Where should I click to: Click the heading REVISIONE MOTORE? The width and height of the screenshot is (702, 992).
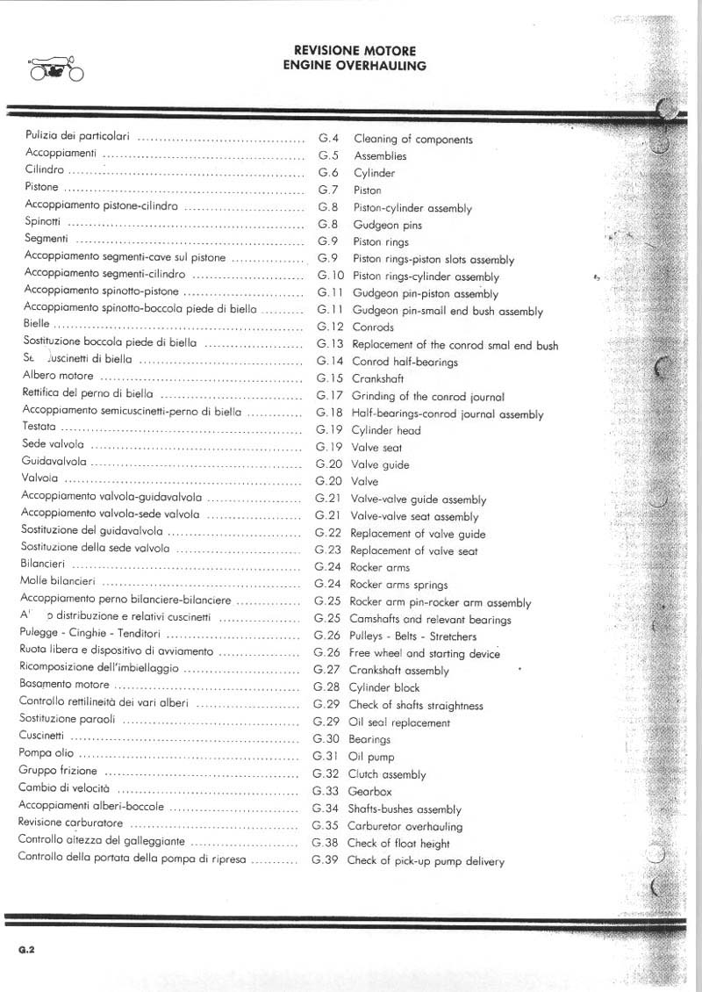[355, 52]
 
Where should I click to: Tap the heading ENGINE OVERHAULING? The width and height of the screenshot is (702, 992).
[355, 65]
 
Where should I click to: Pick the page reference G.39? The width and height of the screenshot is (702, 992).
[325, 860]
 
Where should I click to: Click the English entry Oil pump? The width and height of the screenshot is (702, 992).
[371, 757]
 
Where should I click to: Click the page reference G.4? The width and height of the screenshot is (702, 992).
[328, 139]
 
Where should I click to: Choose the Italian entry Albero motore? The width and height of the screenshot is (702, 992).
[58, 375]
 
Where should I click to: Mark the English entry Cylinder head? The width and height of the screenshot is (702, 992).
[386, 430]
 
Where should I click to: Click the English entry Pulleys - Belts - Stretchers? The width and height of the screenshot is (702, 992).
[412, 636]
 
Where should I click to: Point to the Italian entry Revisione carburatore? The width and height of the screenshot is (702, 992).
[70, 823]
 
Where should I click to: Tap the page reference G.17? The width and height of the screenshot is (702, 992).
[329, 396]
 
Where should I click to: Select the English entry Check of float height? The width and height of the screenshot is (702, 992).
[398, 843]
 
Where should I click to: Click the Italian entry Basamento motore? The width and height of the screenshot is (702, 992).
[64, 685]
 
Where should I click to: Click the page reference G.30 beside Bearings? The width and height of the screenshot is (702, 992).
[326, 739]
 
